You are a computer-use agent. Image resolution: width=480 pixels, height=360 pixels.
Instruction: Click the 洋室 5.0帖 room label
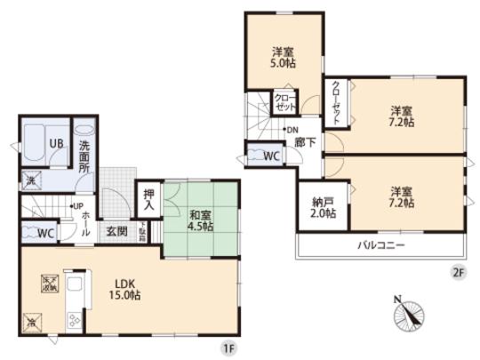(x=284, y=57)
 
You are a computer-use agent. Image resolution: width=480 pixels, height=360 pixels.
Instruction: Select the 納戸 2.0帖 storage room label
(x=324, y=207)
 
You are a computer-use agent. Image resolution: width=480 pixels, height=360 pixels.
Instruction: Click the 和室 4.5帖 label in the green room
(x=201, y=220)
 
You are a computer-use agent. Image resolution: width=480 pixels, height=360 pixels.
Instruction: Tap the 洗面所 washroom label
(x=85, y=156)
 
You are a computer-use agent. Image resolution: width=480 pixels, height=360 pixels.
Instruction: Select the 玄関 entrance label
(x=117, y=233)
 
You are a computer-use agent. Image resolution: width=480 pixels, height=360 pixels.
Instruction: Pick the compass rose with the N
(x=408, y=313)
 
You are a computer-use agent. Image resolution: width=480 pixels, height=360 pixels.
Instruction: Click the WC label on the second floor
(x=270, y=156)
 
